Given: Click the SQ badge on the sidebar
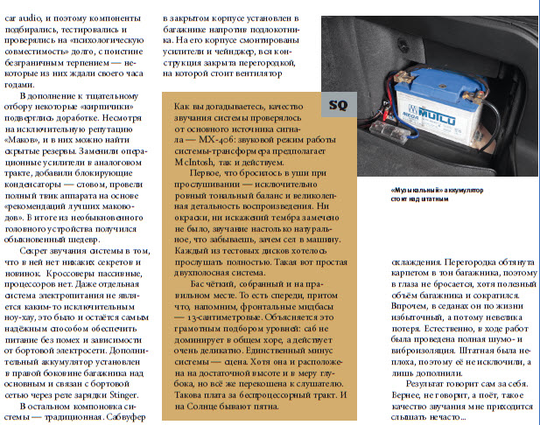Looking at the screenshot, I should click(x=337, y=105).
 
